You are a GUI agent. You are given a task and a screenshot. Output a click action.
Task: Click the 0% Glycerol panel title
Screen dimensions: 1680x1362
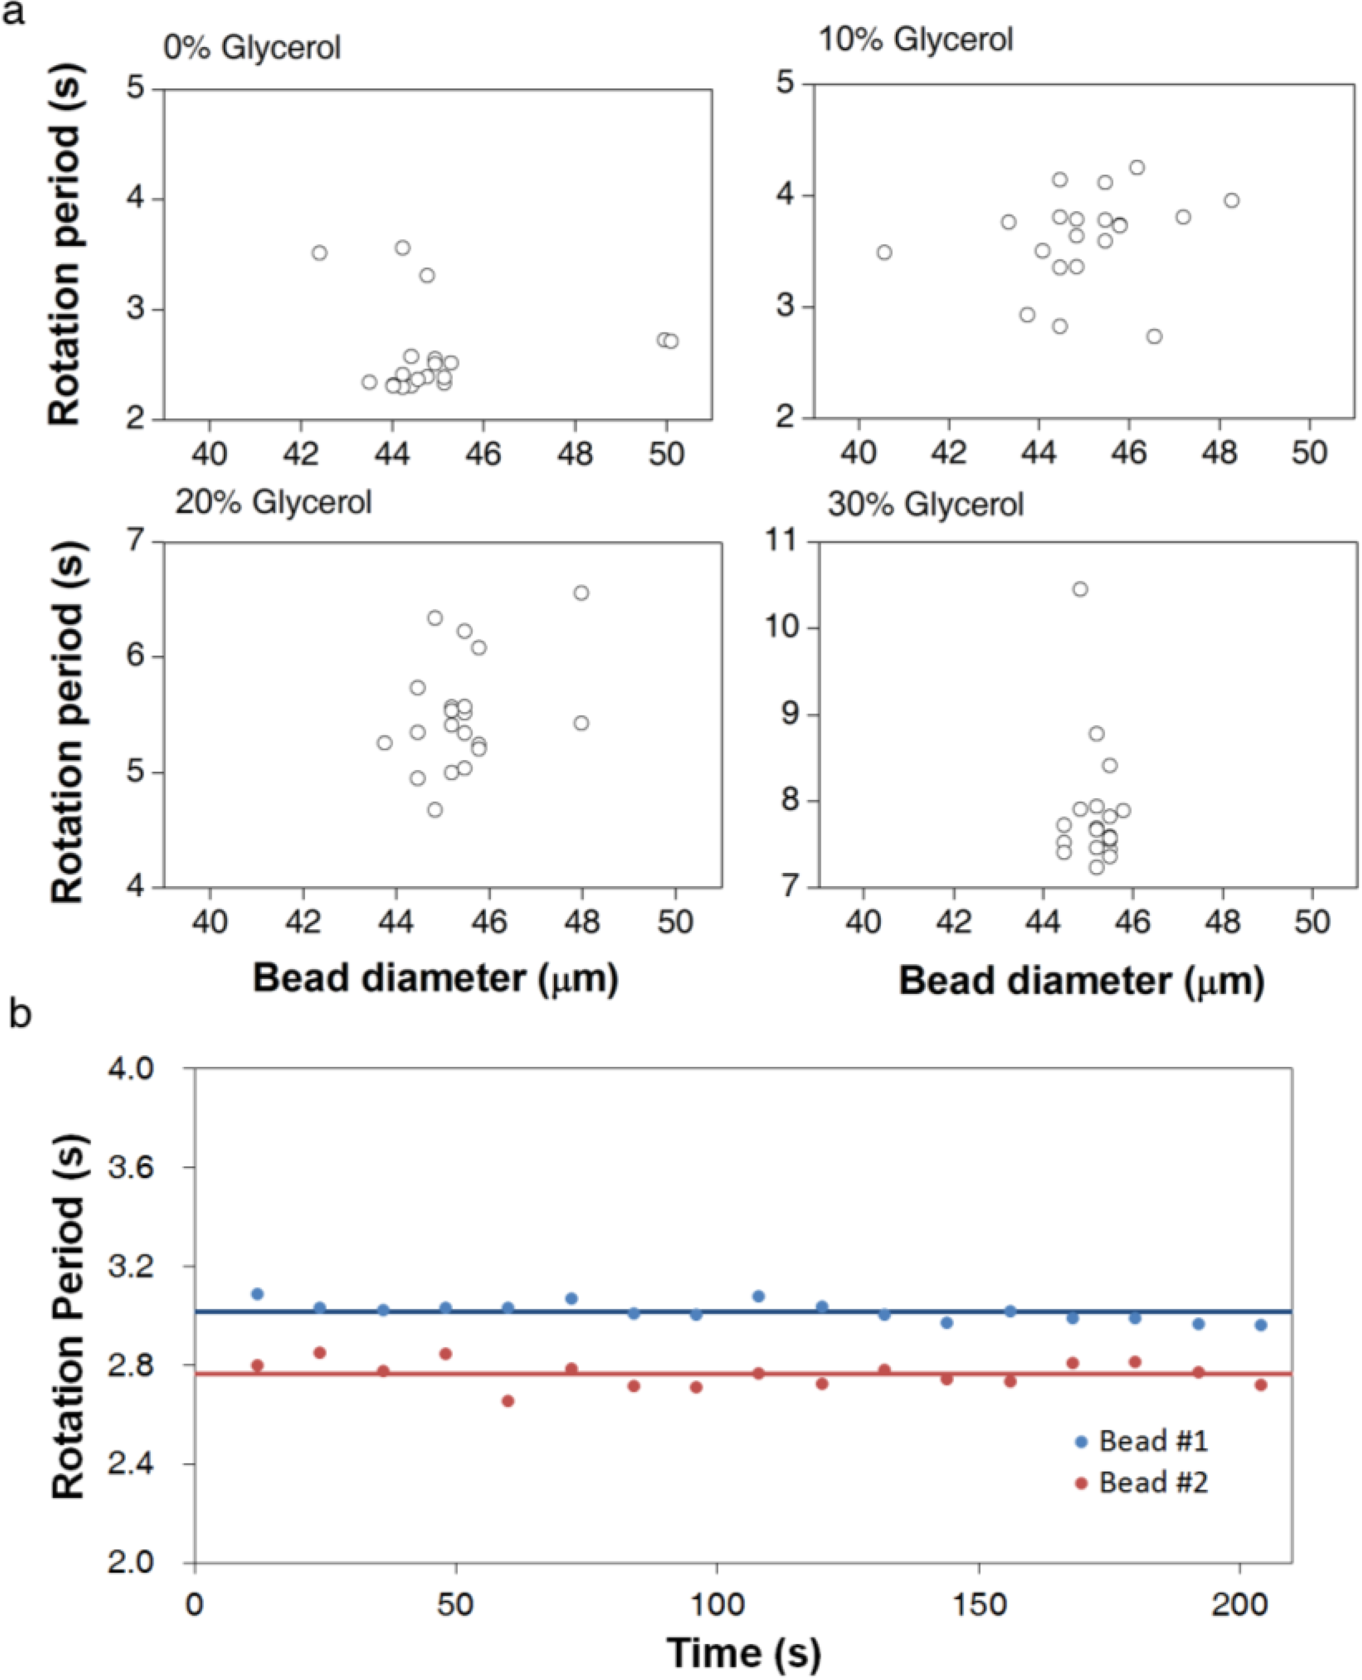click(x=252, y=48)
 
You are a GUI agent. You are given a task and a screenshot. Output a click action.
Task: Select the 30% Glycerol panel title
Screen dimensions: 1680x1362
click(x=926, y=504)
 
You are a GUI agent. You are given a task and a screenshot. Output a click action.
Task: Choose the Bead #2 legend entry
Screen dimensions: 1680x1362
click(x=1143, y=1483)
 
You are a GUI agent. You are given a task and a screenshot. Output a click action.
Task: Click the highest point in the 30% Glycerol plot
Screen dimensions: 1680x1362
click(x=1080, y=589)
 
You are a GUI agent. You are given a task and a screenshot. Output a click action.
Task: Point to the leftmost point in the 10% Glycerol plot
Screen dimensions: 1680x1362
click(x=884, y=252)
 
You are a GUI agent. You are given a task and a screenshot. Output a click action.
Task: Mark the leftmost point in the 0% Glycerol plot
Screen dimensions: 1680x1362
click(x=319, y=252)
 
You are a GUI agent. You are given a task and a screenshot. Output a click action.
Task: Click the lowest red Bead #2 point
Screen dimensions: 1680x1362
click(x=508, y=1400)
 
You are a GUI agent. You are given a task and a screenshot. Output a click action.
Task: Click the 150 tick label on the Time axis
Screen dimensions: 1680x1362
click(x=980, y=1605)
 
